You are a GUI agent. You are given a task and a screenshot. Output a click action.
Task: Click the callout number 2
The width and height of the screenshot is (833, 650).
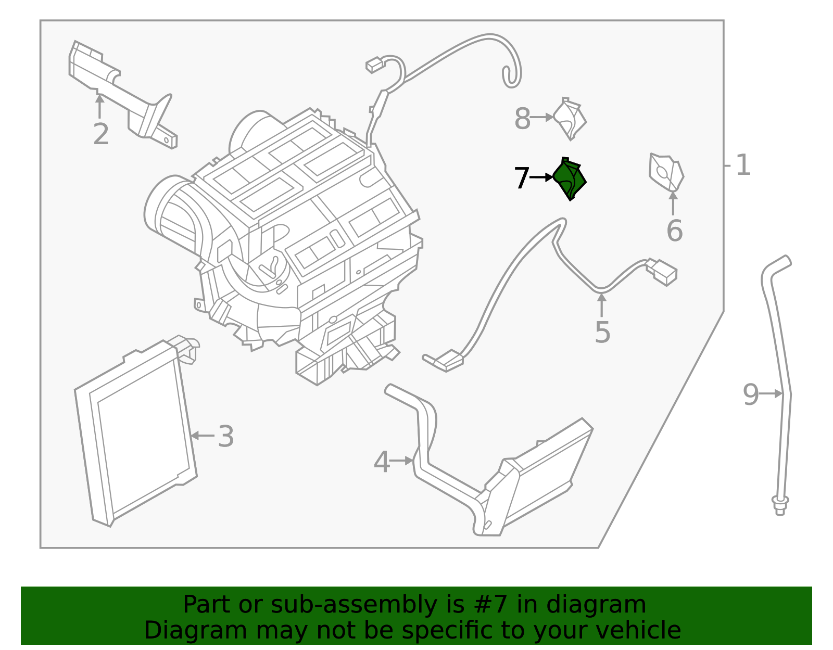[x=101, y=134]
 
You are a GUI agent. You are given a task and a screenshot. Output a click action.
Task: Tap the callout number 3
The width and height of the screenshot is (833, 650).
[x=225, y=436]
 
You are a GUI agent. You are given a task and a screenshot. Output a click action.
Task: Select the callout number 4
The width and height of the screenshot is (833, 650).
[x=382, y=462]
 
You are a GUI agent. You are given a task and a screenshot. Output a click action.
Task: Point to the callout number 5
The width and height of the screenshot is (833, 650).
[x=602, y=332]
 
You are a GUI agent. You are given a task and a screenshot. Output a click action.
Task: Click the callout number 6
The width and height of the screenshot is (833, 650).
[x=674, y=231]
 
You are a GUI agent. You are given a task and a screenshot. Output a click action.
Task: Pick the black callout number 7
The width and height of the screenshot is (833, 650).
[x=522, y=179]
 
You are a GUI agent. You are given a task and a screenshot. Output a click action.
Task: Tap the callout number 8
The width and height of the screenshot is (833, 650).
[x=522, y=119]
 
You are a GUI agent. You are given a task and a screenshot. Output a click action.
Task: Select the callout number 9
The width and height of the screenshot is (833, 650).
[x=751, y=394]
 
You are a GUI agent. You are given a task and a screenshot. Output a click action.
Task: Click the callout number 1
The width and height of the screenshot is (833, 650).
[x=743, y=165]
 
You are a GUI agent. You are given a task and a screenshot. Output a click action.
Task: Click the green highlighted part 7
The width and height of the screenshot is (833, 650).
[x=570, y=180]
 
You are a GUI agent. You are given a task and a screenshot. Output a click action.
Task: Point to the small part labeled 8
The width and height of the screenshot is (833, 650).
[x=570, y=119]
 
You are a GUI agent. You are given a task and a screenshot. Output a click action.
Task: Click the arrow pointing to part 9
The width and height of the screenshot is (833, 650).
[x=772, y=394]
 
